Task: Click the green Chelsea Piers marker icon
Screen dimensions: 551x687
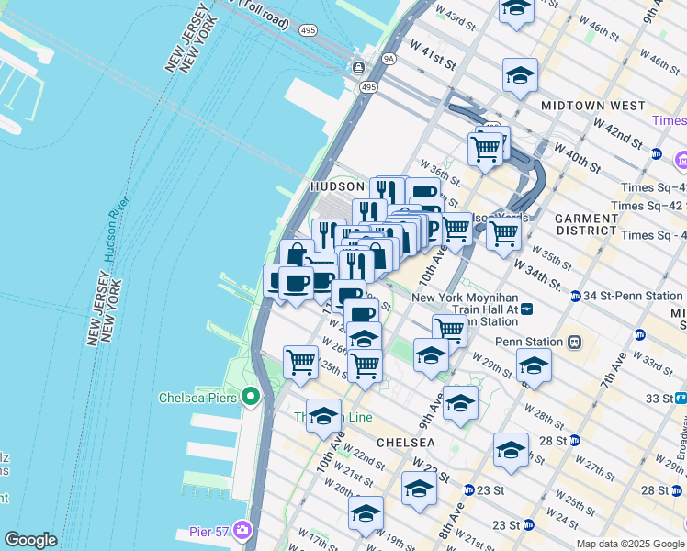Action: coord(251,398)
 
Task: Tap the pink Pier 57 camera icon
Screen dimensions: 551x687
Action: coord(242,529)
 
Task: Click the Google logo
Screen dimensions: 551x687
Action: coord(30,540)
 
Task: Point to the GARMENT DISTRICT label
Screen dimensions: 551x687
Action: coord(587,225)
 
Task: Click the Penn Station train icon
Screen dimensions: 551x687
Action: coord(575,342)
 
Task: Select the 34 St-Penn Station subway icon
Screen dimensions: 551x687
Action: coord(576,296)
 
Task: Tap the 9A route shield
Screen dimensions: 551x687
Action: coord(389,59)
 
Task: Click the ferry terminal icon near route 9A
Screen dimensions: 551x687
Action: coord(357,69)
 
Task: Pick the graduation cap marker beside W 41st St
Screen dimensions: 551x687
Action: coord(520,75)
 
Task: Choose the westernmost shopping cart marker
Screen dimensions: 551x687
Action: coord(300,362)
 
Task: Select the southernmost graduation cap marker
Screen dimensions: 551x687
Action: coord(365,513)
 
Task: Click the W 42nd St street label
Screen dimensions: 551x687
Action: coord(617,130)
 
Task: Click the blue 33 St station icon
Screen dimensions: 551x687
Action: coord(681,398)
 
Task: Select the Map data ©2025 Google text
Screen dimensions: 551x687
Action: coord(630,544)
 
